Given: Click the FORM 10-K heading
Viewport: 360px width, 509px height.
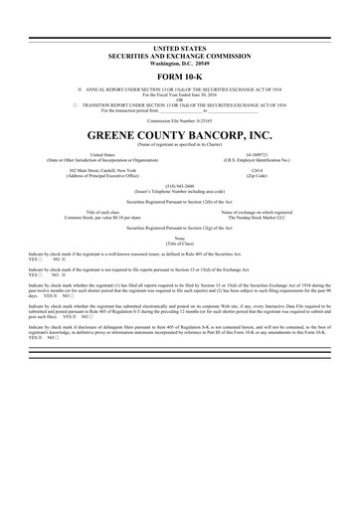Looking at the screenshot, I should pos(180,76).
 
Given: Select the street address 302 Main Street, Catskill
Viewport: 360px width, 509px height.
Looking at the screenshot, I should pos(102,170).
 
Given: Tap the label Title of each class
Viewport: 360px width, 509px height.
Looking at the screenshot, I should pos(103,211).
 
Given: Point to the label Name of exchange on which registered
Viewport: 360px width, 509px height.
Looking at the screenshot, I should pos(257,211).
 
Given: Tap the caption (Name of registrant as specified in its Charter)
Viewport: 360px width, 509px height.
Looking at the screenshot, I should pos(180,145).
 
